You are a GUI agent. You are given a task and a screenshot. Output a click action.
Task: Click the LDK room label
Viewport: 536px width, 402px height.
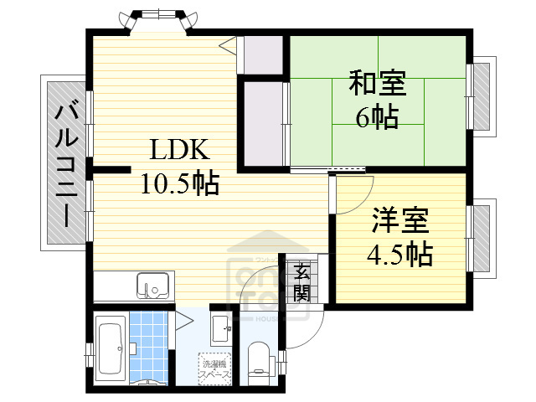[x=178, y=150]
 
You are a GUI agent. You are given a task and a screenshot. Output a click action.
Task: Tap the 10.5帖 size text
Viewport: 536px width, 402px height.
[x=179, y=181]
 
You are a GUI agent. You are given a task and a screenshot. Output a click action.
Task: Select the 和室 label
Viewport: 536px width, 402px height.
[x=377, y=85]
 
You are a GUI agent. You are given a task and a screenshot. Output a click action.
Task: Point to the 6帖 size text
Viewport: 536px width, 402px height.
[x=377, y=117]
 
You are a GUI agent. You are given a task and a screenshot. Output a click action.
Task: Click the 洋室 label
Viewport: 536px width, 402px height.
[x=400, y=222]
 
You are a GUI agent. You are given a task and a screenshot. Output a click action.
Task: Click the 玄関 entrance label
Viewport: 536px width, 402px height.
[x=301, y=281]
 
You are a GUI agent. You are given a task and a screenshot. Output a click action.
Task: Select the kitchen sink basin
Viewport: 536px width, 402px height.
[x=152, y=286]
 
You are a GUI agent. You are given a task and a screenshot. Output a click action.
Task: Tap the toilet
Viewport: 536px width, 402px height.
[x=259, y=360]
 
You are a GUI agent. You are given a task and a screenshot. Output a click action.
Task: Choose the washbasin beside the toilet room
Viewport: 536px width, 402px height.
[x=221, y=327]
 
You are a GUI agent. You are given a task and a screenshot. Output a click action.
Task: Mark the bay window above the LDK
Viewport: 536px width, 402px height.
[x=160, y=20]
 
